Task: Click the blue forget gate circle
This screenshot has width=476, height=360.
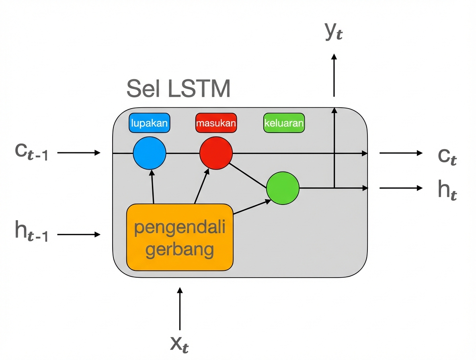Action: (150, 153)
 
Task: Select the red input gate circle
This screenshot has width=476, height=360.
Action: (216, 153)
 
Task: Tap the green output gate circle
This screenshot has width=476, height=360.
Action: (283, 188)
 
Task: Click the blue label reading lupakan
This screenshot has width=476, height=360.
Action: (150, 123)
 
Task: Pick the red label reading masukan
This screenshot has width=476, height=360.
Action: (216, 123)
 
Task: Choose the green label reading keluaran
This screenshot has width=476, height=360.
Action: (284, 123)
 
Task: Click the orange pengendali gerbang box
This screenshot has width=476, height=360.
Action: (180, 237)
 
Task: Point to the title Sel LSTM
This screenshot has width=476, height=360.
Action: (178, 89)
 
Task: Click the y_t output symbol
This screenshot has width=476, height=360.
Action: (334, 33)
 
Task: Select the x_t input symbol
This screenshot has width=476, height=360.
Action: (180, 344)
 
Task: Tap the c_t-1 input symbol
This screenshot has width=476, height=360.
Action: (31, 153)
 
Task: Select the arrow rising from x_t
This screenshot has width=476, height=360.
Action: (180, 309)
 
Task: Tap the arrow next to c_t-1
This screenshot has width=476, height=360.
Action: (79, 153)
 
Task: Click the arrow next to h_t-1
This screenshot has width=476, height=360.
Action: (79, 234)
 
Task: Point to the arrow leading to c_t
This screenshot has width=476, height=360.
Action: (400, 153)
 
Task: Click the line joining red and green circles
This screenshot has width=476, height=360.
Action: (249, 176)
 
